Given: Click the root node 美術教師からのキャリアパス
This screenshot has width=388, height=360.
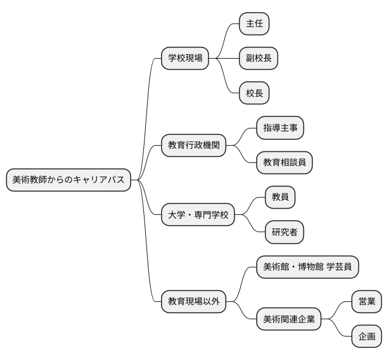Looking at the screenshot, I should (x=68, y=180).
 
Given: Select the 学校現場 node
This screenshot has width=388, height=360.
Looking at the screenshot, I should (x=185, y=59).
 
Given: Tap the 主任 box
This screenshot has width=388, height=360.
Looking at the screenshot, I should (x=255, y=24).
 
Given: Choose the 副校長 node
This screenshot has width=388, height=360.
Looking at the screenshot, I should (x=258, y=59).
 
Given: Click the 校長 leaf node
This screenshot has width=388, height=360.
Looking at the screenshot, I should (x=255, y=93).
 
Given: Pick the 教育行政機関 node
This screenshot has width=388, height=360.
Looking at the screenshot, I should (x=193, y=146).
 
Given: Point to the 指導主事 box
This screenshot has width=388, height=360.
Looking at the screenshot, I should (x=280, y=128).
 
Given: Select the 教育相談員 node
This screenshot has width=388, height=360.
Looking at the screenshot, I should (x=284, y=163).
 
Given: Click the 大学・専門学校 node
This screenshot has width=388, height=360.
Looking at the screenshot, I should (x=198, y=215).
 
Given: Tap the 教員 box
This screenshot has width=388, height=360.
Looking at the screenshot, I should (x=280, y=198).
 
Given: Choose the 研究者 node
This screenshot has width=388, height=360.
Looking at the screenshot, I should (x=284, y=232).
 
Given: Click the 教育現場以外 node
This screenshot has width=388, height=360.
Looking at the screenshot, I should (x=193, y=302).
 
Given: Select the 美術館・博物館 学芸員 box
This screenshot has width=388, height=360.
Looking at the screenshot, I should (x=307, y=267).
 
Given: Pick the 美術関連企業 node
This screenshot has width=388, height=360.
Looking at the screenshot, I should (x=289, y=319).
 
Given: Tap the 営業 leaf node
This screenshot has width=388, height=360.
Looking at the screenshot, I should (x=366, y=302).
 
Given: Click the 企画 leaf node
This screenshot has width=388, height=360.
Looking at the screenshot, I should (x=366, y=337).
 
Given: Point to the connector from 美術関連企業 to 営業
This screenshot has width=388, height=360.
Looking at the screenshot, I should (x=337, y=310).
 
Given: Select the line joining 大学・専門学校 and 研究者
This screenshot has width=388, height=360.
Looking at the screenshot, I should (x=251, y=224).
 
